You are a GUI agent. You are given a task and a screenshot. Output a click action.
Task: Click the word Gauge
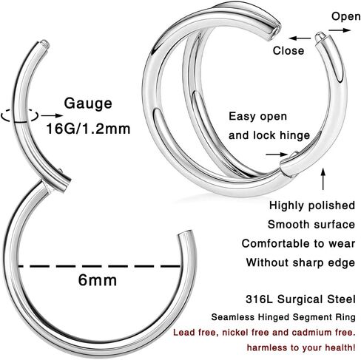pyautogui.click(x=88, y=104)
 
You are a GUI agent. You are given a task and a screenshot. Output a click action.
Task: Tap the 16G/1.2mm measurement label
pyautogui.click(x=88, y=129)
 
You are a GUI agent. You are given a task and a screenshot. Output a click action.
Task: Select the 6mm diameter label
pyautogui.click(x=98, y=280)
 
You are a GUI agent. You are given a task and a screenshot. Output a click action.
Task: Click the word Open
pyautogui.click(x=345, y=17)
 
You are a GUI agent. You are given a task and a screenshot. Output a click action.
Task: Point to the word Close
pyautogui.click(x=289, y=50)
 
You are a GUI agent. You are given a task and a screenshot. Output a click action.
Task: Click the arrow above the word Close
pyautogui.click(x=300, y=38)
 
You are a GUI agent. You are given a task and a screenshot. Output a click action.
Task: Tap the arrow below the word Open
pyautogui.click(x=340, y=30)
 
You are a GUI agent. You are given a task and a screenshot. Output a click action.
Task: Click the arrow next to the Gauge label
pyautogui.click(x=52, y=115)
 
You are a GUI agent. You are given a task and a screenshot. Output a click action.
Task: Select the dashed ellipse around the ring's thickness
pyautogui.click(x=20, y=115)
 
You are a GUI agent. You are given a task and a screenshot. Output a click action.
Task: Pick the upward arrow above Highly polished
pyautogui.click(x=323, y=179)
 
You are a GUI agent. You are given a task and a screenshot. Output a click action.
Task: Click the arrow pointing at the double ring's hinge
pyautogui.click(x=277, y=154)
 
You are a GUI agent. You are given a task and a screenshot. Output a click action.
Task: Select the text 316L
pyautogui.click(x=259, y=299)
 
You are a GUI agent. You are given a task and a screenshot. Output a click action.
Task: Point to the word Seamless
pyautogui.click(x=233, y=317)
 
